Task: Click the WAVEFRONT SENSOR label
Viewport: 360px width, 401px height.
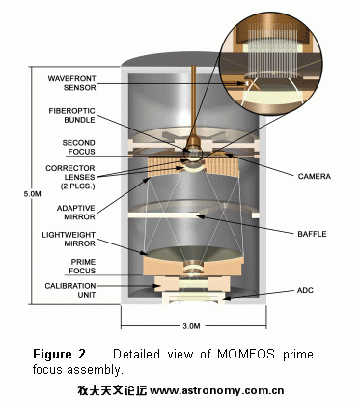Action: pos(71,83)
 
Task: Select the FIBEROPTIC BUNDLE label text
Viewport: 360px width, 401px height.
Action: pos(72,115)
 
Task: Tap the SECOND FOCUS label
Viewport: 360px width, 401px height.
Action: pos(79,147)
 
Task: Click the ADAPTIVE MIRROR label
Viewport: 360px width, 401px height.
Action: pos(76,213)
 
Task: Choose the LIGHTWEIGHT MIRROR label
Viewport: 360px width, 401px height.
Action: pos(69,239)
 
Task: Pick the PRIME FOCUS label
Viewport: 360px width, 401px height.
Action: pos(83,266)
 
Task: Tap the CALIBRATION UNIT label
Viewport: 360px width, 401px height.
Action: pos(70,290)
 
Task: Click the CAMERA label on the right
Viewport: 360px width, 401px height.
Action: pos(314,176)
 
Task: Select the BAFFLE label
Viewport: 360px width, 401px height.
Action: pos(312,234)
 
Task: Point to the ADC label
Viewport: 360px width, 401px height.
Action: pos(305,290)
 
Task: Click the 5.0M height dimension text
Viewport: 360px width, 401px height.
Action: pos(32,194)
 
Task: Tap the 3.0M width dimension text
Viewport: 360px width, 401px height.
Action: pos(191,326)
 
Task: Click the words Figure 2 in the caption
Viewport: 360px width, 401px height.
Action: pos(60,354)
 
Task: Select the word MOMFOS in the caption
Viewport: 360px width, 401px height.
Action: pos(246,354)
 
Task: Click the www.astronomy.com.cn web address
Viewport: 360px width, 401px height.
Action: pos(217,390)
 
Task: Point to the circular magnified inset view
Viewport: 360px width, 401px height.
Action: pos(270,63)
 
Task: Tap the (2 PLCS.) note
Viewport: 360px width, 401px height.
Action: pos(78,186)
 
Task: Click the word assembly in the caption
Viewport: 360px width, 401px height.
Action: pos(96,370)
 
